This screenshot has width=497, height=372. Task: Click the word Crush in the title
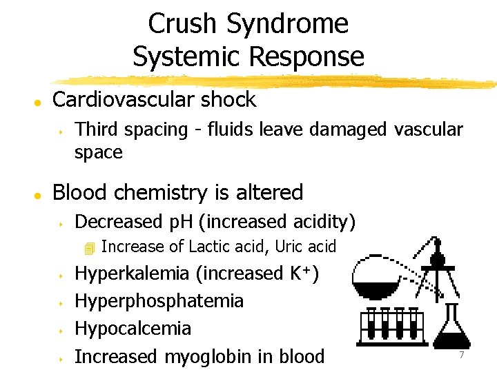(184, 24)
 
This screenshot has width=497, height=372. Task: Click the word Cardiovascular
(122, 100)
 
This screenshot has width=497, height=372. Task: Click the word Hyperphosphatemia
(159, 301)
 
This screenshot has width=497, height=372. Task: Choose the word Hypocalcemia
(133, 329)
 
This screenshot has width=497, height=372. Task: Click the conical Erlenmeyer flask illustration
(452, 331)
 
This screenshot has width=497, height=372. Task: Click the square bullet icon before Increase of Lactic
(88, 247)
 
